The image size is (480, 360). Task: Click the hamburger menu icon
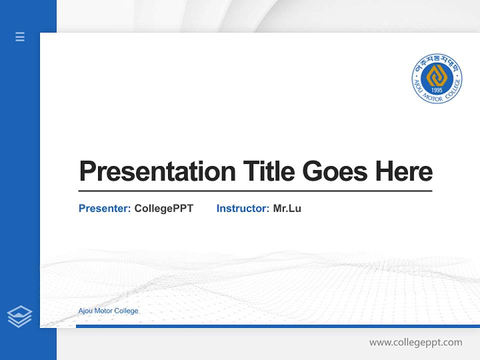coord(20,36)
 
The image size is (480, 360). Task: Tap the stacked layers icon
coord(19,316)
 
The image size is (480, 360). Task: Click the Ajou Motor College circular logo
coord(437,78)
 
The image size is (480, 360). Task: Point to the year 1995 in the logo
coord(437,90)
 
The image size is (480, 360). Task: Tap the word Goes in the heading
coord(335,171)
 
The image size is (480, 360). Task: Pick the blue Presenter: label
coord(105,208)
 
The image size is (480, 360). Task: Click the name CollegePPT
coord(164,208)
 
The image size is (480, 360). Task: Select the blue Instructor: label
coord(243,208)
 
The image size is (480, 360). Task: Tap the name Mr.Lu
coord(287,208)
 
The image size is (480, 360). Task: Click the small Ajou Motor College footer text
coord(108,311)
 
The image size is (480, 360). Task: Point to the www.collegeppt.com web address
coord(415,342)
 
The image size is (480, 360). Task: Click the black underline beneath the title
coord(255,190)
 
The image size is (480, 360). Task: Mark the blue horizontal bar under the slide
coord(277,326)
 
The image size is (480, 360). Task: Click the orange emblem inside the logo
coord(437,75)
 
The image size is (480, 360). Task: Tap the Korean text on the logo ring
coord(436,60)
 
